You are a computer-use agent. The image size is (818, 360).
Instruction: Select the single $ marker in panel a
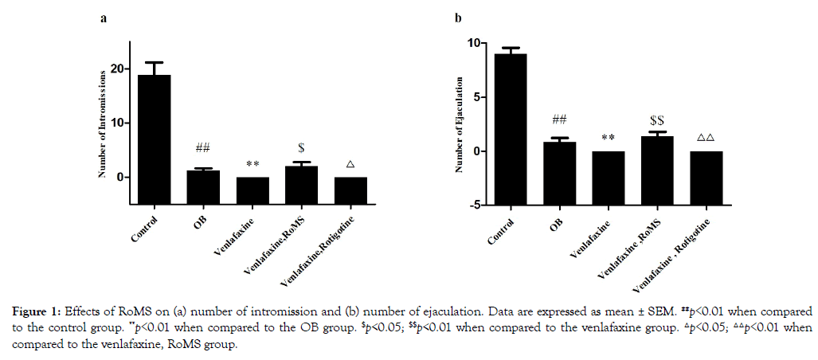coord(302,148)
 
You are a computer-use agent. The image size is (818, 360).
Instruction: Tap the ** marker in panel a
coord(253,164)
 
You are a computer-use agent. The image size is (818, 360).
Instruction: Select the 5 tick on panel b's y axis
coord(476,97)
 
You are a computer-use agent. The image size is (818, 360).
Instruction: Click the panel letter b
coord(458,18)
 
